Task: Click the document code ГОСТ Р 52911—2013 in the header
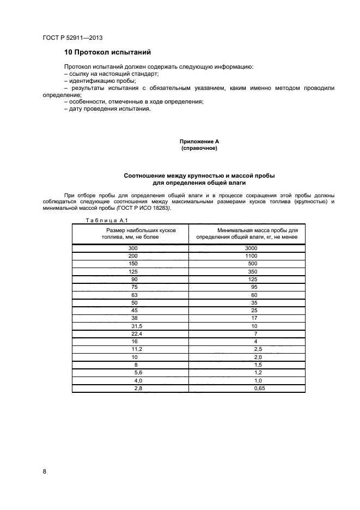click(72, 38)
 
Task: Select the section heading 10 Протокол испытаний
click(107, 52)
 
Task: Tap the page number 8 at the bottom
click(45, 472)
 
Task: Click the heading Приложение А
click(199, 142)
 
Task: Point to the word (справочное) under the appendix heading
click(199, 148)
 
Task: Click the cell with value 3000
click(251, 248)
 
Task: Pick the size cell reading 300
click(133, 248)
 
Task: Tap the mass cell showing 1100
click(251, 256)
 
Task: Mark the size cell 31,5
click(133, 326)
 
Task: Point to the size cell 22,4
click(133, 333)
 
